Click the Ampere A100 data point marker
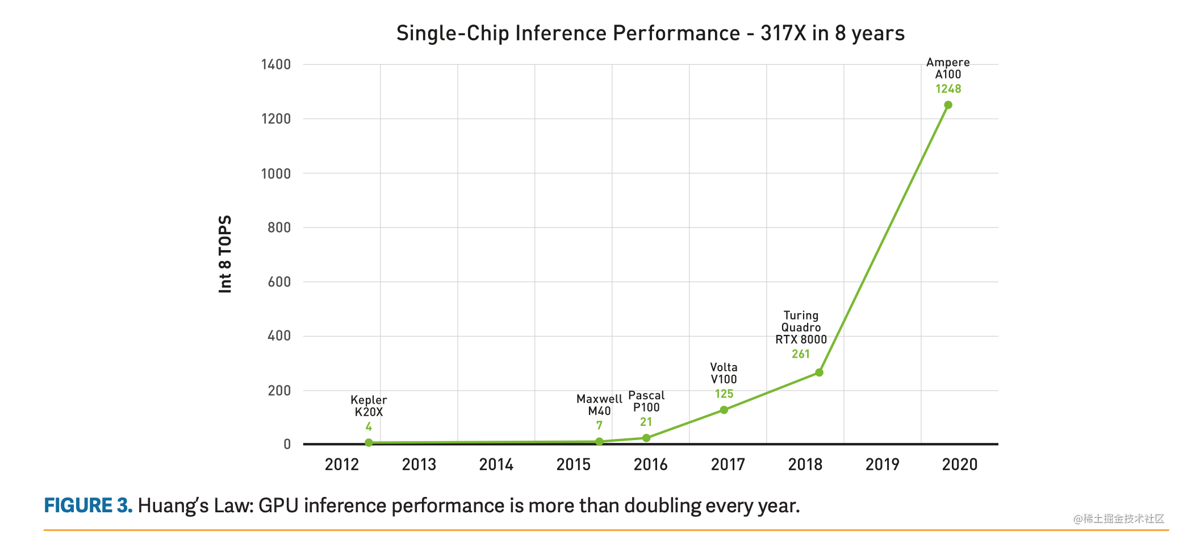click(948, 105)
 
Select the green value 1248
click(948, 89)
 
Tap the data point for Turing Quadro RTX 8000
click(819, 372)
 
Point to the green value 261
click(801, 354)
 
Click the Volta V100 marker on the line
click(724, 410)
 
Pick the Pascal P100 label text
click(646, 401)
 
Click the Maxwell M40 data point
click(599, 442)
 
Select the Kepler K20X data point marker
click(369, 442)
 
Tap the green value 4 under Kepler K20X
click(369, 426)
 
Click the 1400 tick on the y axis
click(276, 64)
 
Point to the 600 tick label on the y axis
click(279, 281)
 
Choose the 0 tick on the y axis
click(287, 444)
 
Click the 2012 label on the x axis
click(342, 465)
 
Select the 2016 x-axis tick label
click(650, 465)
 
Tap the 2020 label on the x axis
click(959, 465)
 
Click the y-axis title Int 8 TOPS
click(225, 254)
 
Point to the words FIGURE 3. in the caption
click(88, 505)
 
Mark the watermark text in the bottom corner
click(1118, 519)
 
